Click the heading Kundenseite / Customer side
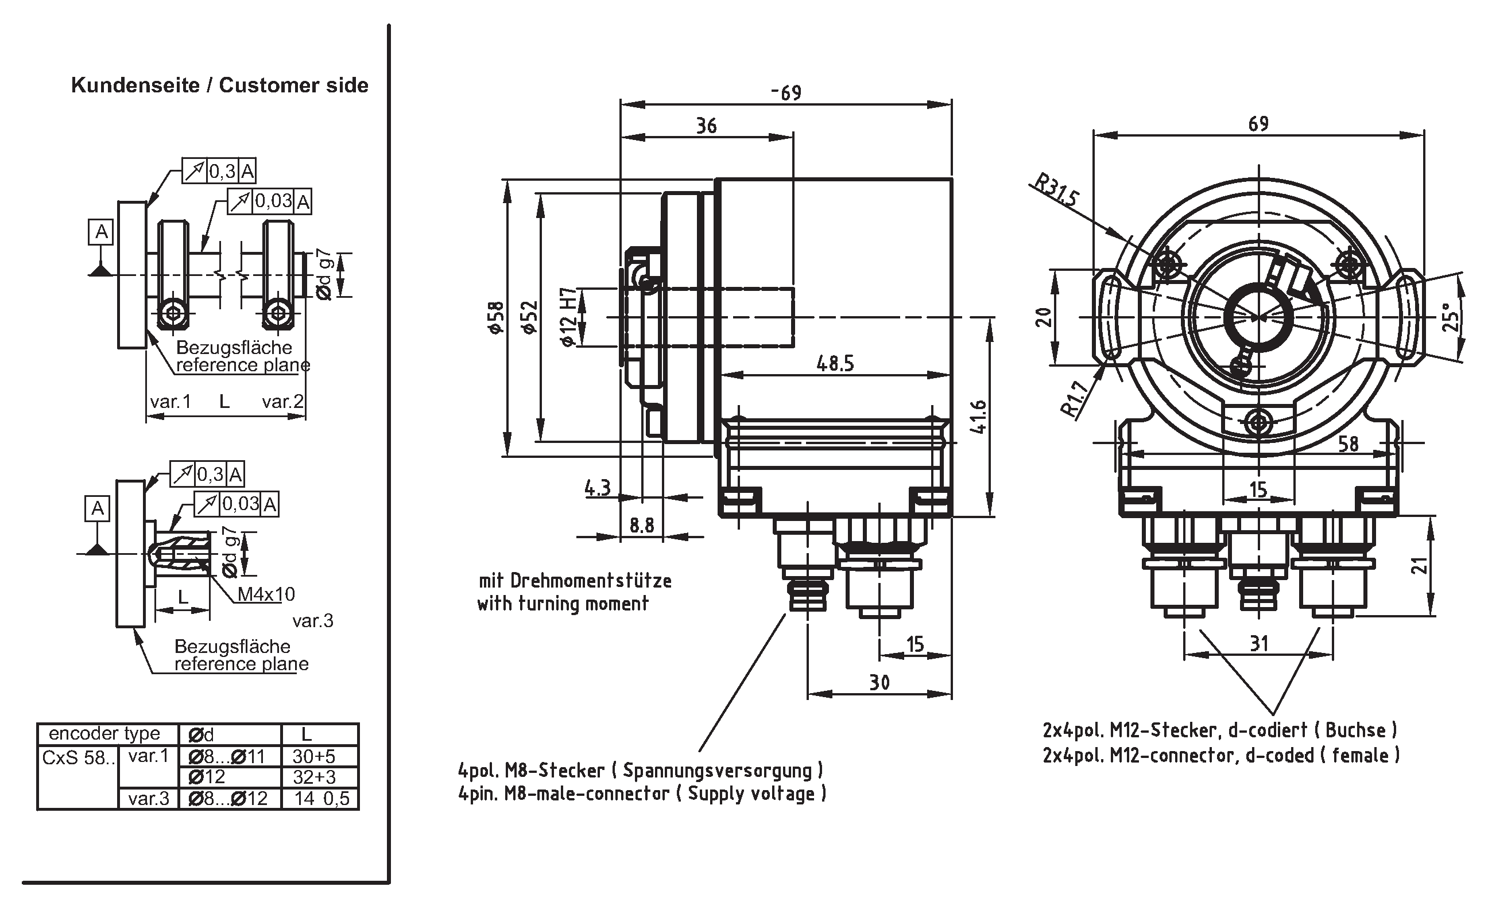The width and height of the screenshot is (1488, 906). [220, 85]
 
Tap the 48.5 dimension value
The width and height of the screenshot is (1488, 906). [835, 363]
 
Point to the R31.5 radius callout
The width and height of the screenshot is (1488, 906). [1056, 190]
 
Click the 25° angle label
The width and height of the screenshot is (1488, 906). [1451, 316]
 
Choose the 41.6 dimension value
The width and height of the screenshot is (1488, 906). [978, 417]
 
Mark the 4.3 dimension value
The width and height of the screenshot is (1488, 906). [597, 488]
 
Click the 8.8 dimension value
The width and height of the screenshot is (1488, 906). [641, 526]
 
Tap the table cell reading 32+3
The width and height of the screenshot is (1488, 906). [314, 777]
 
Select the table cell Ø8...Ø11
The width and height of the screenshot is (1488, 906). [227, 756]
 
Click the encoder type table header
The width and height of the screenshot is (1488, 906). [104, 733]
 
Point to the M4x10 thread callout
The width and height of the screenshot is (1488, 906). [266, 594]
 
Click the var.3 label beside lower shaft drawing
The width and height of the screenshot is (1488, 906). [313, 620]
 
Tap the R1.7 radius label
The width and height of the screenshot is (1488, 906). [1076, 399]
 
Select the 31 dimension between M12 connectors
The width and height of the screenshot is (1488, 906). [1258, 643]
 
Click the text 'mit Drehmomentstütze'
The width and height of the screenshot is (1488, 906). [575, 581]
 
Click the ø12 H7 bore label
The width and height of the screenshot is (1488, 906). [567, 317]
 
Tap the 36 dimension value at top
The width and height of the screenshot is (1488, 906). [706, 126]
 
